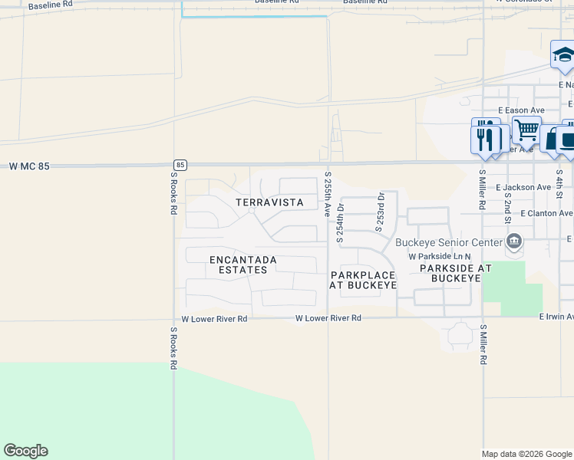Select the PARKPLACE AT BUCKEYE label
click(363, 280)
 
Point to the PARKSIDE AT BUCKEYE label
click(450, 273)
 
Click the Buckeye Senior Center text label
click(447, 243)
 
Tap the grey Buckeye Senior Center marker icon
click(514, 243)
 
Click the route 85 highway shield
click(180, 164)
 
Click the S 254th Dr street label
click(340, 222)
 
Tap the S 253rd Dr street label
click(379, 212)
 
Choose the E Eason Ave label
click(520, 110)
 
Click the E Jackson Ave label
click(523, 187)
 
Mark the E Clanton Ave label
click(546, 214)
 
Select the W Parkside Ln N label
click(439, 256)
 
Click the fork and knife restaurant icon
click(485, 136)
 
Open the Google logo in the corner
click(26, 451)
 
